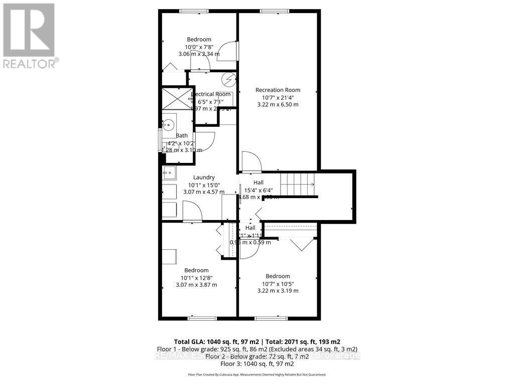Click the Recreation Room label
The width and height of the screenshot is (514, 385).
click(278, 90)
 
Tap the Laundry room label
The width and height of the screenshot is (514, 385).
click(204, 177)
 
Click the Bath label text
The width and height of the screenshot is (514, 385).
click(182, 135)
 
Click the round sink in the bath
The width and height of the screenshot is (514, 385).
click(169, 124)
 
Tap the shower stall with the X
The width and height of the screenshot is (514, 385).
click(176, 99)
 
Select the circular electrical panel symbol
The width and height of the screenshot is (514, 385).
click(229, 79)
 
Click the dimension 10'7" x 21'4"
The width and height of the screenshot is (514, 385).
click(278, 98)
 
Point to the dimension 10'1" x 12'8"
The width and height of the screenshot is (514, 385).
click(196, 278)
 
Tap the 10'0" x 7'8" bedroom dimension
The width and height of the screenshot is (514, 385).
click(199, 47)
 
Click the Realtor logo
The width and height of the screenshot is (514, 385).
click(29, 36)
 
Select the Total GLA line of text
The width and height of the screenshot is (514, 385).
click(257, 340)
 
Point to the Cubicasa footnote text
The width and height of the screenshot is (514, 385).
click(257, 374)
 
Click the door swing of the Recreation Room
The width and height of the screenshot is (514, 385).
click(250, 162)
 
